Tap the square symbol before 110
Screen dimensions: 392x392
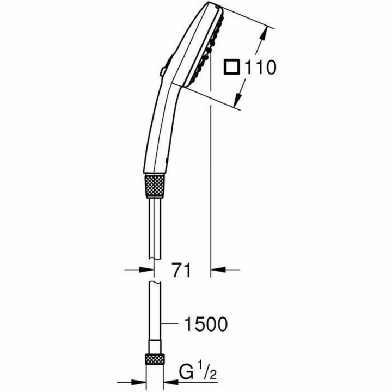click(x=232, y=68)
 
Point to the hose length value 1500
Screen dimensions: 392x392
click(x=203, y=324)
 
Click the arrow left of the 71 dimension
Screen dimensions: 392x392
click(x=139, y=269)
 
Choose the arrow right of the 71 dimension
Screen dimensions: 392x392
click(x=223, y=269)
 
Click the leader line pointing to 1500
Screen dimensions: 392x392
click(x=170, y=324)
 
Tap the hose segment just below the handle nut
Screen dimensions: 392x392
click(x=155, y=223)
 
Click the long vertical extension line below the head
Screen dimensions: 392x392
click(x=210, y=191)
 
